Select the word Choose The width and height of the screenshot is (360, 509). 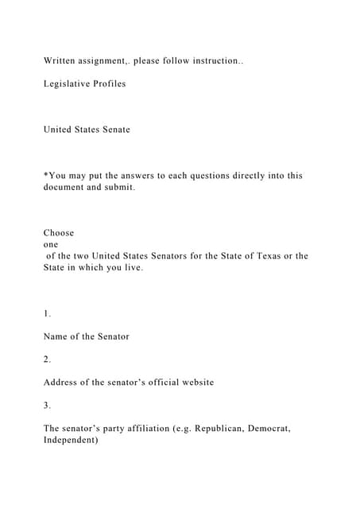(59, 233)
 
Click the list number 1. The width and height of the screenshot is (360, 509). (47, 313)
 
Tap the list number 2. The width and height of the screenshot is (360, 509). (47, 359)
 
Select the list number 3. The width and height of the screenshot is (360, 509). (47, 405)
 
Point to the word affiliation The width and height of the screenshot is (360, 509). (149, 428)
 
